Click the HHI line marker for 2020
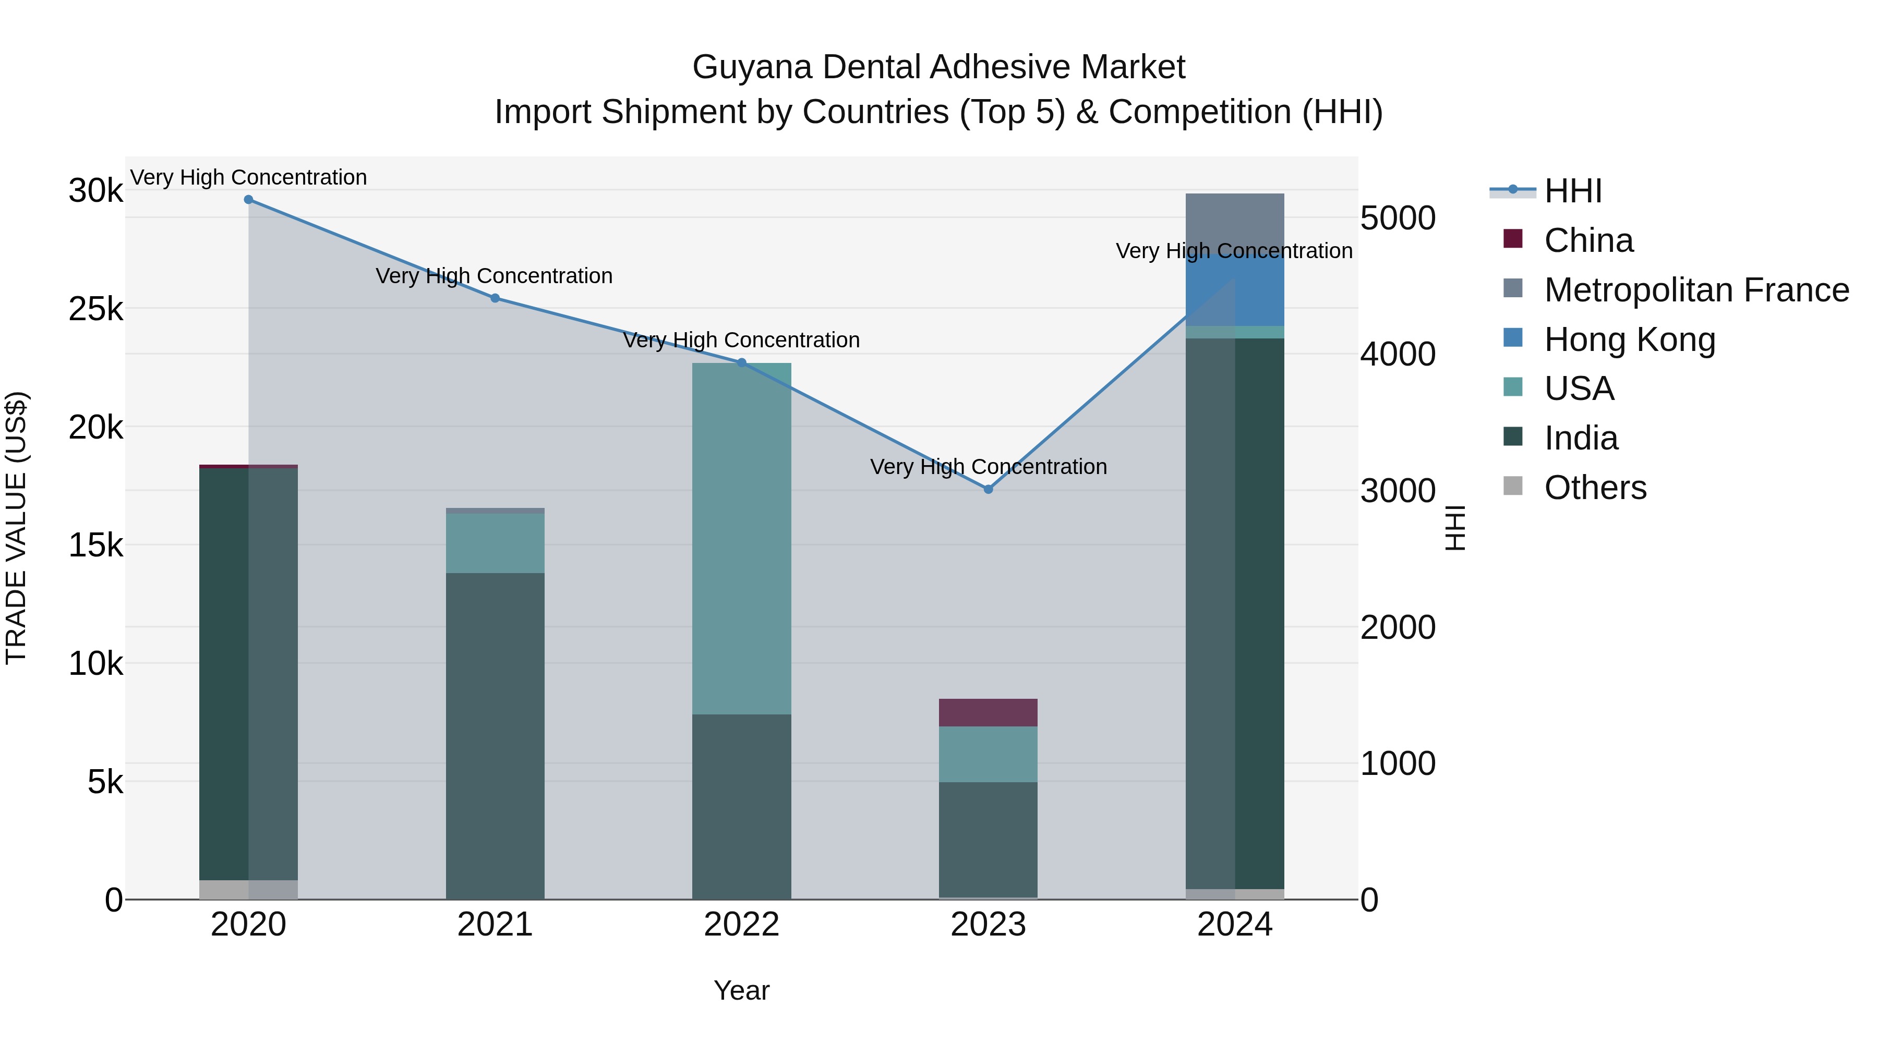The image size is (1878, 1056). tap(249, 200)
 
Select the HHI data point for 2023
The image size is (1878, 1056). tap(989, 489)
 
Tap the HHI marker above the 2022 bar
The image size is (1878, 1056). tap(741, 363)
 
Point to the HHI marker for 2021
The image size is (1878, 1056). tap(495, 298)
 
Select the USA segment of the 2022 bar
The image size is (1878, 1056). tap(741, 539)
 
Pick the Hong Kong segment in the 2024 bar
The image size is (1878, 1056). tap(1235, 292)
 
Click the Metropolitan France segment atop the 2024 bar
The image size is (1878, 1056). tap(1235, 219)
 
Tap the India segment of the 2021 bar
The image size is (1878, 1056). tap(495, 736)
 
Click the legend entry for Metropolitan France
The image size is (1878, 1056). tap(1696, 290)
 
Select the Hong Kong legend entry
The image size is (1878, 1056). tap(1629, 339)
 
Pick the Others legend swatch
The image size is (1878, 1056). tap(1513, 487)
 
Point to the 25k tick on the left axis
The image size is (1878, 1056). tap(96, 310)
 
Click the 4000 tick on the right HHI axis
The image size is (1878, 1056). tap(1398, 355)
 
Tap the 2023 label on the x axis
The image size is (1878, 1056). tap(988, 925)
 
